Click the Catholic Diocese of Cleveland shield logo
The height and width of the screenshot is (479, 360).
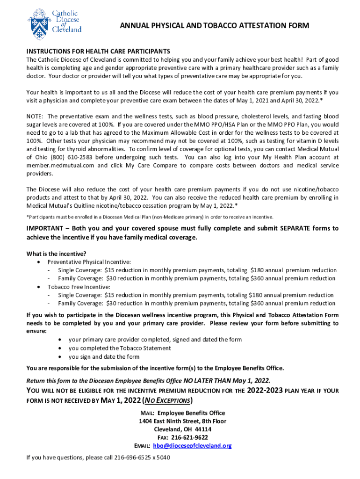click(38, 23)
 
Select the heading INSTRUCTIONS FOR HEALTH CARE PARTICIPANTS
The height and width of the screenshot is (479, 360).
click(98, 51)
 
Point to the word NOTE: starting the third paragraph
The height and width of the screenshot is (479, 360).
click(36, 116)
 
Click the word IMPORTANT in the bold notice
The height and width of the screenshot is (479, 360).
click(44, 229)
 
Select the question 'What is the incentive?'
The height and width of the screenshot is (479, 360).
click(56, 254)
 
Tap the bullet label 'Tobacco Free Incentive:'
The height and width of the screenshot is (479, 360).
click(79, 287)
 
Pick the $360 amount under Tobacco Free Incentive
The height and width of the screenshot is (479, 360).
click(259, 304)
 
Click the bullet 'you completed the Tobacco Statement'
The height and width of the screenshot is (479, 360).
click(120, 348)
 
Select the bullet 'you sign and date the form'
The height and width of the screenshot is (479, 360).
click(104, 356)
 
